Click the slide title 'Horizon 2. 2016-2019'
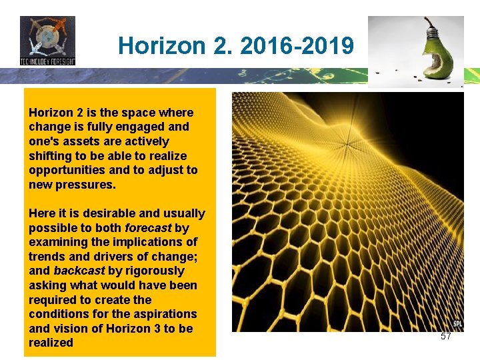point(235,46)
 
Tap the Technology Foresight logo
point(47,41)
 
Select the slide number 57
point(446,337)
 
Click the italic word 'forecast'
point(148,227)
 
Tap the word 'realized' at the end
point(51,343)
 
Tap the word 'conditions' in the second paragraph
point(56,314)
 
